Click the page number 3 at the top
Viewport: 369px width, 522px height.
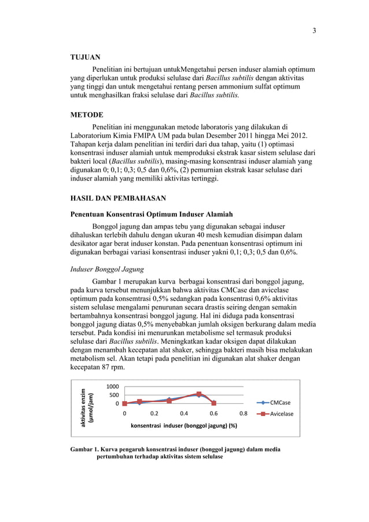coord(314,31)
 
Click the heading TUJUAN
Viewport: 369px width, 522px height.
coord(85,57)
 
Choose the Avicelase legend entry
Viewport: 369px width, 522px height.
coord(281,414)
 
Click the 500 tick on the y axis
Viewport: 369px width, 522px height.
coord(115,395)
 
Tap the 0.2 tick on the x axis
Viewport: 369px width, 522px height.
coord(154,414)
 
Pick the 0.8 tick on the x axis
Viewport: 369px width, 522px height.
coord(243,414)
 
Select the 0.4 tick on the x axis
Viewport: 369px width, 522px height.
coord(184,414)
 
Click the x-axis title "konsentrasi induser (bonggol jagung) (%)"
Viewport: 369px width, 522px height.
coord(184,425)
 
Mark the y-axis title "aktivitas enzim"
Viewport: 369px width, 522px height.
coord(83,407)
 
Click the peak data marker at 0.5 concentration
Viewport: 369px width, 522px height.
coord(199,394)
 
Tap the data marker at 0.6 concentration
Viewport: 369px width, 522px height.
coord(214,403)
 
